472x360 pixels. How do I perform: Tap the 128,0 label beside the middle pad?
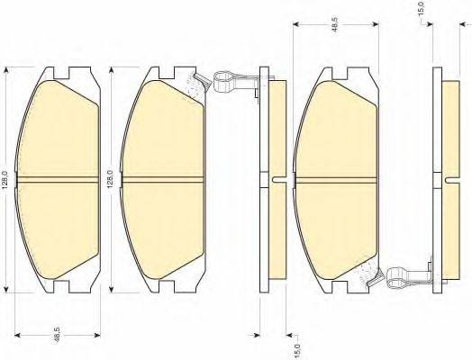[x=111, y=179]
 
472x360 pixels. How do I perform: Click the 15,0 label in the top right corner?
[x=422, y=8]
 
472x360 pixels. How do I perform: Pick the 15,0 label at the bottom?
[x=297, y=350]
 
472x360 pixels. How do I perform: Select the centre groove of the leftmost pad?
[x=58, y=179]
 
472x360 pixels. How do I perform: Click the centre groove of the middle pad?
[x=162, y=179]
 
